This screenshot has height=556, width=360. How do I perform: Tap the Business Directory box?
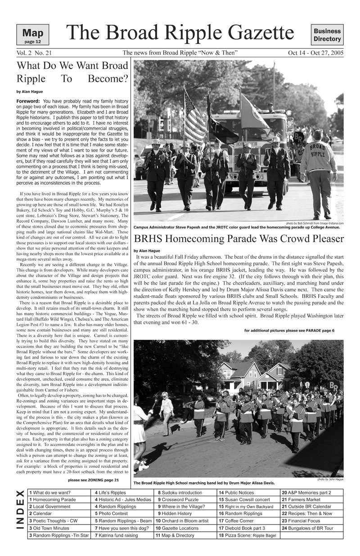click(327, 35)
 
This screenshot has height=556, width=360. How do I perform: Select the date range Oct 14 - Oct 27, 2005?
click(315, 53)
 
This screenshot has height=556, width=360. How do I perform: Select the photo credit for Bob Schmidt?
click(315, 223)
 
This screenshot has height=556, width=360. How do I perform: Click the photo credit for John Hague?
click(333, 480)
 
